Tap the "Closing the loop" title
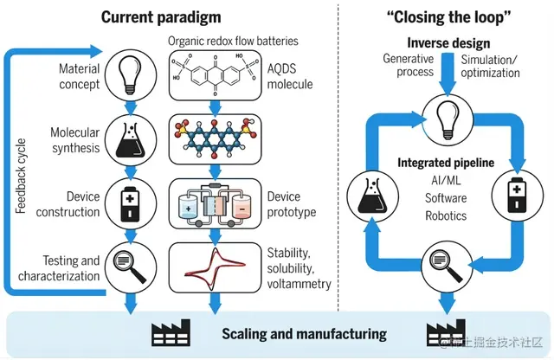coord(449,17)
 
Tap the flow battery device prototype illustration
coord(213,205)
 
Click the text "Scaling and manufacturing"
coord(304,333)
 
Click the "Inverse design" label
coord(449,42)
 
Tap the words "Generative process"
coord(409,66)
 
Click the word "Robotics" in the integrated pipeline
coord(445,215)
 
